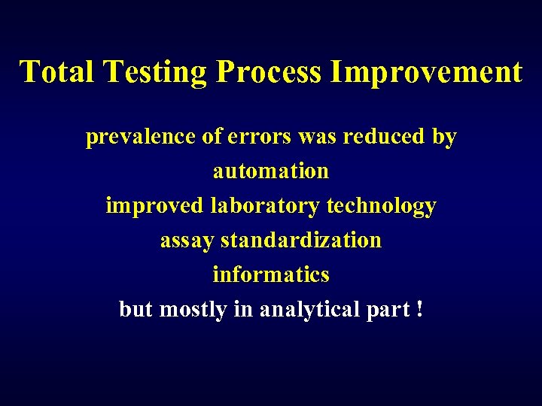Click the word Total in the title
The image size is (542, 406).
pyautogui.click(x=59, y=71)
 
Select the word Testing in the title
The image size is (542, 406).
pyautogui.click(x=157, y=72)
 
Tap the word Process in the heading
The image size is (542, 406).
pyautogui.click(x=267, y=72)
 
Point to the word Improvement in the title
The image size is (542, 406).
pyautogui.click(x=425, y=71)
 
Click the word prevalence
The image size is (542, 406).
pyautogui.click(x=141, y=138)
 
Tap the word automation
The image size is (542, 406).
pyautogui.click(x=271, y=171)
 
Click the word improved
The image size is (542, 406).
pyautogui.click(x=154, y=206)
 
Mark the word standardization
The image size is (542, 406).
pyautogui.click(x=301, y=241)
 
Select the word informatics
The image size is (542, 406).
pyautogui.click(x=271, y=274)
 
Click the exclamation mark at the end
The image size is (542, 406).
pyautogui.click(x=419, y=309)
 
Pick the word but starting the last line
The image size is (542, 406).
pyautogui.click(x=135, y=309)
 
